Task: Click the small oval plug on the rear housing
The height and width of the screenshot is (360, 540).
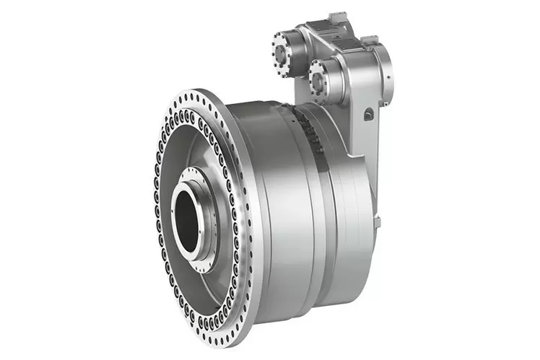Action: coord(368,113)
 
